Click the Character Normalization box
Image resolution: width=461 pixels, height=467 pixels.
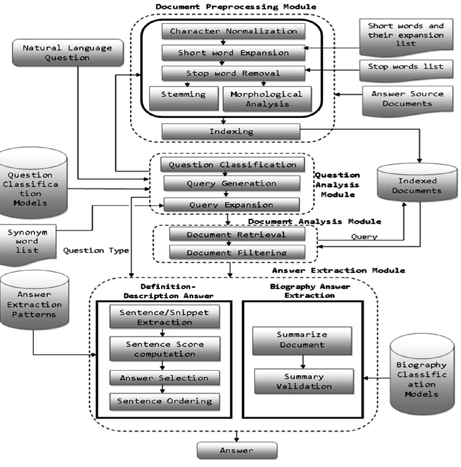233,32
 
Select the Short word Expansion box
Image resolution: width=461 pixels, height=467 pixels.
233,53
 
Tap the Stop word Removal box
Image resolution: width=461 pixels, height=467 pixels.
233,73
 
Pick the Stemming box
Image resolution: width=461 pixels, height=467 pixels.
184,98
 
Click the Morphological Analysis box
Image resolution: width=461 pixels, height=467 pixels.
267,99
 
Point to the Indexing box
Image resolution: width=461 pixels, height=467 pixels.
231,132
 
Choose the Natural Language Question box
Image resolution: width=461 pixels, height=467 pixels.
68,53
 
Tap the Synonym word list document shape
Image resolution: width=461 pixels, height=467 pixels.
27,243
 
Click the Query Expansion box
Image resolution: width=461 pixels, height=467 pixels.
231,205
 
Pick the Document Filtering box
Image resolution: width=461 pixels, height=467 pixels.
237,253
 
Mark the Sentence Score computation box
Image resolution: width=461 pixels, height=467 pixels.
165,349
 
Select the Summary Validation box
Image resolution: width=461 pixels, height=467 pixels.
304,381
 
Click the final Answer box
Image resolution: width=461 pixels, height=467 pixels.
237,450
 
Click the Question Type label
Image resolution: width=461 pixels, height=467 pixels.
96,251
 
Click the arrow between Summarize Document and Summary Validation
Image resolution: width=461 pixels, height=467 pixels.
303,362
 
